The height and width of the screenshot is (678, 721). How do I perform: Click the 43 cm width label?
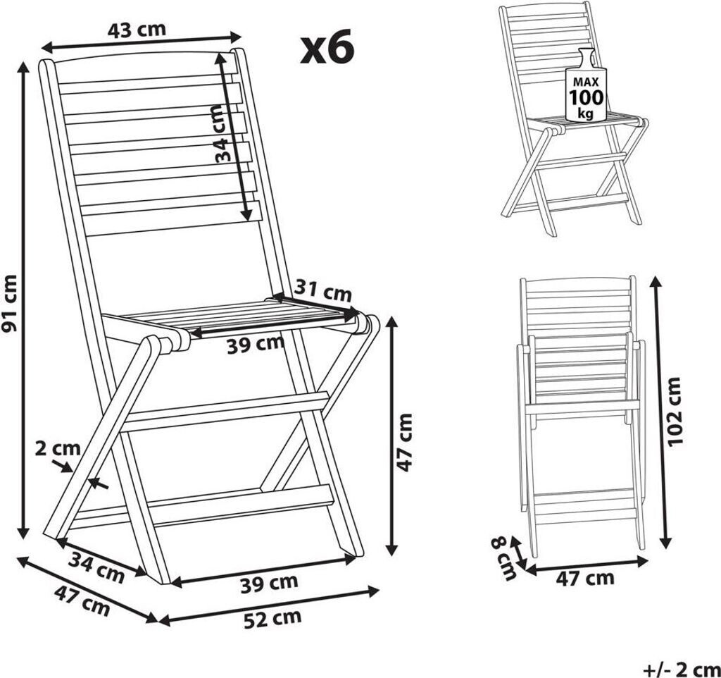point(137,30)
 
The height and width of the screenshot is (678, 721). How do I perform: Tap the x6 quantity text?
point(327,47)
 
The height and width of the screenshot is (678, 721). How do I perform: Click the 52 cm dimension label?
point(272,618)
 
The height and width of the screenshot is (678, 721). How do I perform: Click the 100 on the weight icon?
point(587,98)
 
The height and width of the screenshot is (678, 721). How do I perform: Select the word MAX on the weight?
point(586,82)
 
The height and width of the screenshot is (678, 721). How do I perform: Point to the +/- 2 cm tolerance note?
point(681,670)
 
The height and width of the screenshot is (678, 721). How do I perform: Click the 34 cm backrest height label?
point(224,134)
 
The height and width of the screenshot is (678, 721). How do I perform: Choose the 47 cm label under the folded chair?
point(585,578)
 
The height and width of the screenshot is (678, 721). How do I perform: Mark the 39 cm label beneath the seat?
point(256,345)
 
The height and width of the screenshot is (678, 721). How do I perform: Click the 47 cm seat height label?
point(405,443)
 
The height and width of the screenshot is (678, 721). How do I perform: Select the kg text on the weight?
point(586,113)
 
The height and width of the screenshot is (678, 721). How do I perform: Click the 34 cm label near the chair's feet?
point(96,567)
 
